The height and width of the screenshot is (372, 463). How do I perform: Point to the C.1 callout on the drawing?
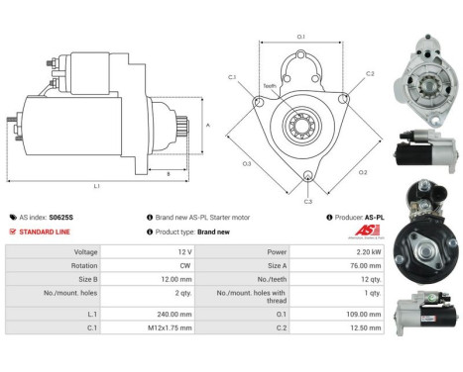[232, 76]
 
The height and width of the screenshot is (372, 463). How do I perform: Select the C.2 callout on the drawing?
[370, 73]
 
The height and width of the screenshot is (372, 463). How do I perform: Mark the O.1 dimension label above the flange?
[301, 37]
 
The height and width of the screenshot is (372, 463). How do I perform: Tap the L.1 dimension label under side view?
[96, 186]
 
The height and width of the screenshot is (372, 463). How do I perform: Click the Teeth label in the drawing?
[271, 86]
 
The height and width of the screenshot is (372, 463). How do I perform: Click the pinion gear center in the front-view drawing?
[300, 125]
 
